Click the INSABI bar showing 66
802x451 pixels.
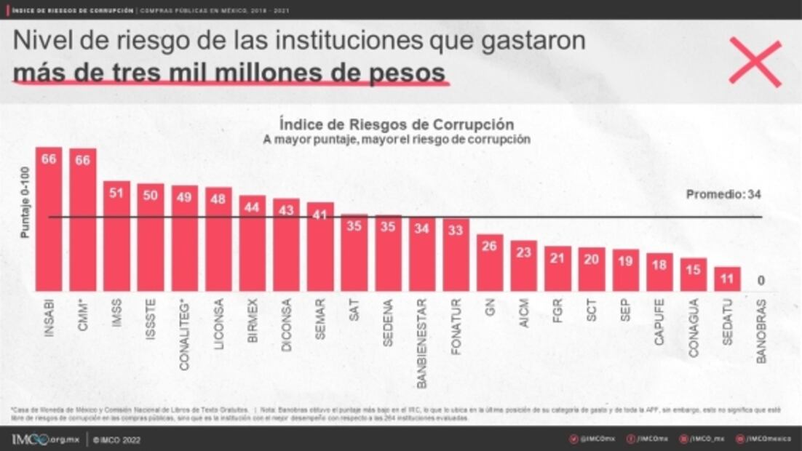pyautogui.click(x=49, y=218)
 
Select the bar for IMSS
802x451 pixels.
pyautogui.click(x=116, y=236)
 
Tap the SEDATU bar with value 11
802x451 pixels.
pyautogui.click(x=727, y=279)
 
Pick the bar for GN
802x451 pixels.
pyautogui.click(x=490, y=263)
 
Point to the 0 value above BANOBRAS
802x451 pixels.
pyautogui.click(x=760, y=281)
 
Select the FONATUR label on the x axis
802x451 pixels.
pyautogui.click(x=456, y=326)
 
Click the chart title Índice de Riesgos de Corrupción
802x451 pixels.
pyautogui.click(x=397, y=124)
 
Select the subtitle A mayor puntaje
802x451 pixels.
pyautogui.click(x=397, y=139)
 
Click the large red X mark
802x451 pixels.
pyautogui.click(x=755, y=63)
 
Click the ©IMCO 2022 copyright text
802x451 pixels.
pyautogui.click(x=116, y=440)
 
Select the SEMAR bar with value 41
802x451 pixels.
pyautogui.click(x=320, y=247)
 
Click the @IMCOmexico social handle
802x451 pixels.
pyautogui.click(x=766, y=439)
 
